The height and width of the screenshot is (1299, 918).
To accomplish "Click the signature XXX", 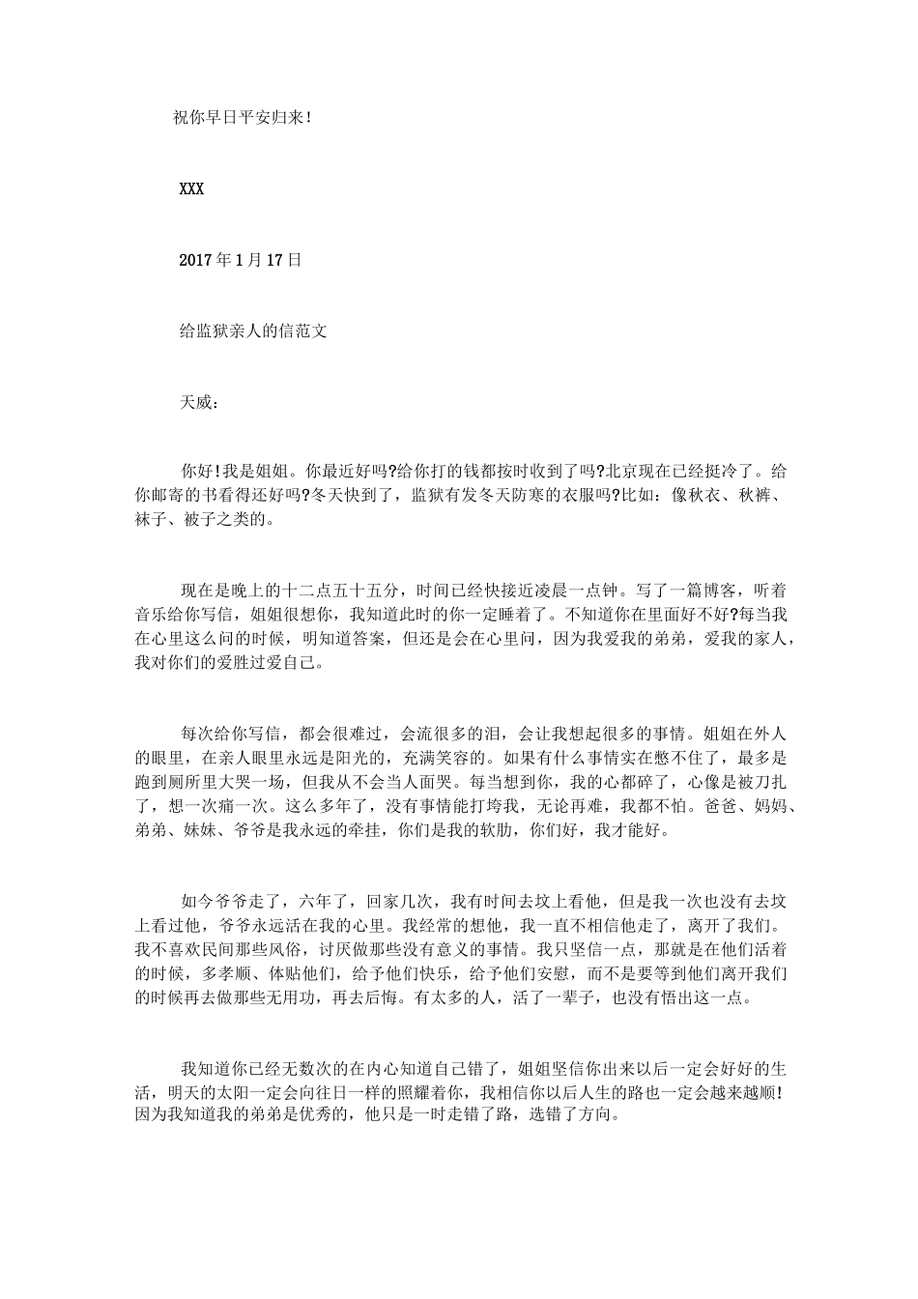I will coord(191,189).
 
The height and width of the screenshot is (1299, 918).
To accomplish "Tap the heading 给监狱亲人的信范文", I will coord(254,331).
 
